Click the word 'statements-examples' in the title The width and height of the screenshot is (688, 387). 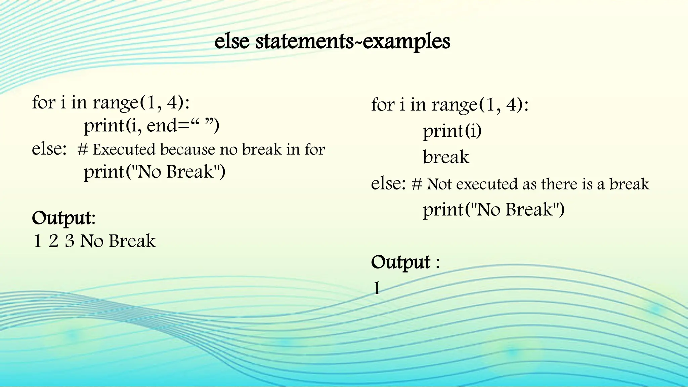point(353,42)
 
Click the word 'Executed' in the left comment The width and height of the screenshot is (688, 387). point(124,150)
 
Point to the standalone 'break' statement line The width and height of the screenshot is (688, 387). point(446,157)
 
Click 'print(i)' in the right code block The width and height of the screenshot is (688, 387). point(452,131)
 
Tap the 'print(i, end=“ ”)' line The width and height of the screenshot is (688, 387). point(151,126)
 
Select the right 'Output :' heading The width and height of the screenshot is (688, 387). point(405,262)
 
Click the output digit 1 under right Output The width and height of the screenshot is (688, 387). point(377,288)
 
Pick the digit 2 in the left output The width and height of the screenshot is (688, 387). point(53,241)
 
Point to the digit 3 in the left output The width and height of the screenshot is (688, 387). point(70,241)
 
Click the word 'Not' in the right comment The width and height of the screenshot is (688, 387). point(439,184)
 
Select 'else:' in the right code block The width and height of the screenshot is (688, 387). point(388,183)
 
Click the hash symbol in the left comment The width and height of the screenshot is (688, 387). point(83,150)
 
